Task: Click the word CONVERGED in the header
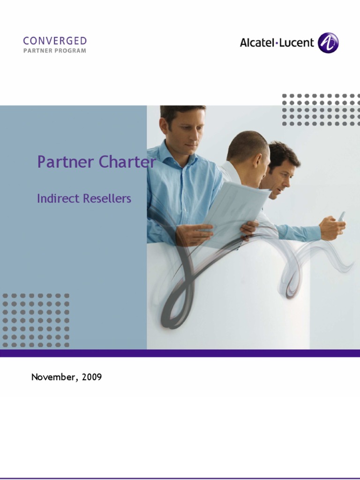coord(55,41)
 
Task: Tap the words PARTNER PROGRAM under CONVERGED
coord(55,51)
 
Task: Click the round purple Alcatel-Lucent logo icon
coord(328,43)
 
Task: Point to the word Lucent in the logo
coord(297,43)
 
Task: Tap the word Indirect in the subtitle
coord(58,198)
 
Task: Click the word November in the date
coord(52,377)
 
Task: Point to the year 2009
coord(91,377)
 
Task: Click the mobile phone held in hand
coord(341,217)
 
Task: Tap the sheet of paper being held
coord(234,206)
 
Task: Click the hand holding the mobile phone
coord(332,228)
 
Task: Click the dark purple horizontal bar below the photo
coord(180,353)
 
